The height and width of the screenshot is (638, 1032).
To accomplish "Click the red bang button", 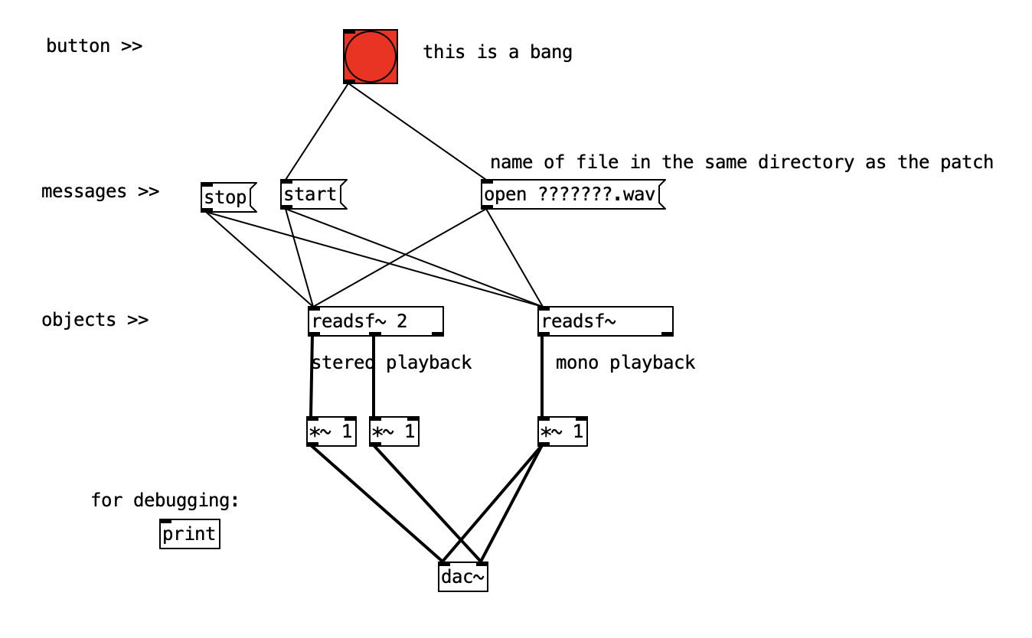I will [x=371, y=57].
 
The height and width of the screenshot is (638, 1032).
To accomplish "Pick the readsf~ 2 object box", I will [x=375, y=321].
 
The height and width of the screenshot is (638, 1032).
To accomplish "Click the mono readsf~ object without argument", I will [x=605, y=321].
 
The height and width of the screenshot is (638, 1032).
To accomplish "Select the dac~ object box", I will [x=462, y=577].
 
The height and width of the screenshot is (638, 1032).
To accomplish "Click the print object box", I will [x=189, y=534].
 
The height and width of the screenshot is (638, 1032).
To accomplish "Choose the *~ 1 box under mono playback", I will [x=562, y=432].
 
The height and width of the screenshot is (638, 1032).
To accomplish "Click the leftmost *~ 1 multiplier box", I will [x=331, y=432].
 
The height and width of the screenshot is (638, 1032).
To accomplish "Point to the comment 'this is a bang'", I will [x=497, y=52].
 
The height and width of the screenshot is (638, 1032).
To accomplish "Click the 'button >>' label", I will [x=93, y=46].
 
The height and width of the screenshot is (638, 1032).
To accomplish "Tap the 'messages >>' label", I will [x=100, y=191].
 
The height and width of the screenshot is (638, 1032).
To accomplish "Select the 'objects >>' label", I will [x=94, y=320].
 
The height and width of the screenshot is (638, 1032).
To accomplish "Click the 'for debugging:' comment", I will [x=165, y=500].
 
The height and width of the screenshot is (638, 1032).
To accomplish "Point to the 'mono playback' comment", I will [x=625, y=363].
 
